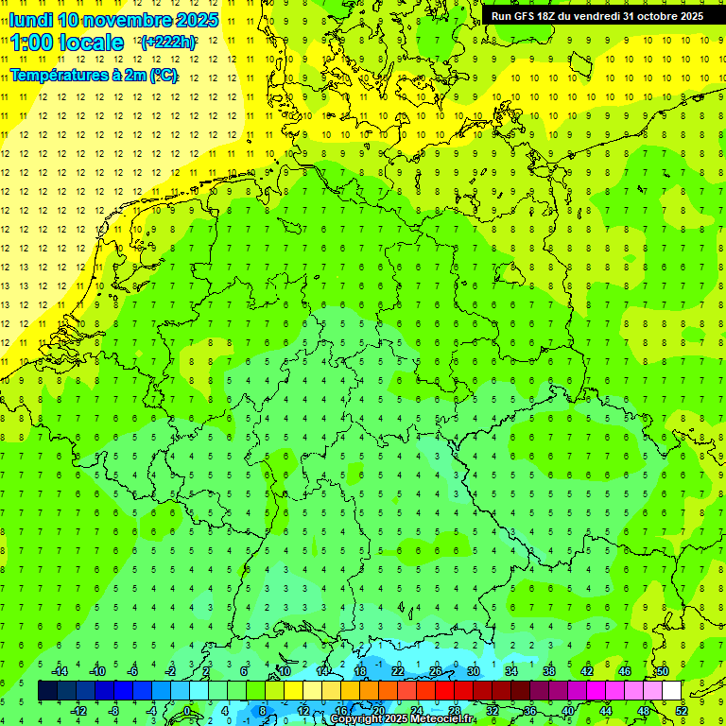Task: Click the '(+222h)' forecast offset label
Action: pyautogui.click(x=168, y=43)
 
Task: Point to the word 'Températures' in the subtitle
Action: pyautogui.click(x=56, y=76)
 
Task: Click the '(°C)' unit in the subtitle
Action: pyautogui.click(x=164, y=76)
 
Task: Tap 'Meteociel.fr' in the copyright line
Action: pyautogui.click(x=444, y=719)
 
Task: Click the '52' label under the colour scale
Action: pyautogui.click(x=682, y=711)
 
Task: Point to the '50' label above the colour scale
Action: pyautogui.click(x=662, y=671)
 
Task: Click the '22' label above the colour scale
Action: pyautogui.click(x=398, y=671)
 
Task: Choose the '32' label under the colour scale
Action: pyautogui.click(x=493, y=711)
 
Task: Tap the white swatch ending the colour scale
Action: pyautogui.click(x=671, y=691)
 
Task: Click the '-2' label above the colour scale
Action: pyautogui.click(x=171, y=671)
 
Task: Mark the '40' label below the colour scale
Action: pyautogui.click(x=568, y=711)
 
